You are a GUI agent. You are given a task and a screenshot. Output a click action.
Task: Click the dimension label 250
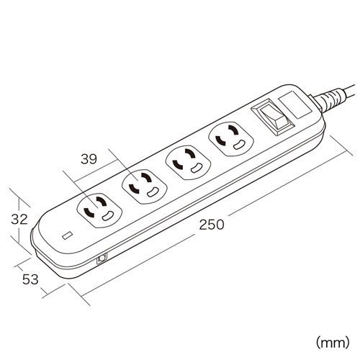(212, 225)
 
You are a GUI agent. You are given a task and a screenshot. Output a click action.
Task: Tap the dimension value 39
(89, 159)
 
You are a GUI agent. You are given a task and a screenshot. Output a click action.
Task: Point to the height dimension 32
(19, 219)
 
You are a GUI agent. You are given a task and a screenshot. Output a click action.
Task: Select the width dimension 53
(30, 279)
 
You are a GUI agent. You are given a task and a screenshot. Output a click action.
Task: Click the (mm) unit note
(333, 342)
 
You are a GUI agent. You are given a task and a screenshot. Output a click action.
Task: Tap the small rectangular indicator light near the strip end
(68, 235)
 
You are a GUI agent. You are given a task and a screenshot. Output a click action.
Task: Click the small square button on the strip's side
(102, 258)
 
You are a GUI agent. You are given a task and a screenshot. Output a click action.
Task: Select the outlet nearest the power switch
(231, 139)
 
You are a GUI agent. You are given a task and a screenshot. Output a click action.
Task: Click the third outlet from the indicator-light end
(188, 162)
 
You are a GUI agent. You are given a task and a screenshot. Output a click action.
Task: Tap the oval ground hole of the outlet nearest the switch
(239, 145)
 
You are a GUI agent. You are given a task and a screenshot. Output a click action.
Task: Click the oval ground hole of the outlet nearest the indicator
(107, 217)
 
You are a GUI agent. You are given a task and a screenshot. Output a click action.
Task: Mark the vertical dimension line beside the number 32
(19, 220)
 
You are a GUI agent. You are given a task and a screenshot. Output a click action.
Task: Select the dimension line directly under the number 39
(96, 171)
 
